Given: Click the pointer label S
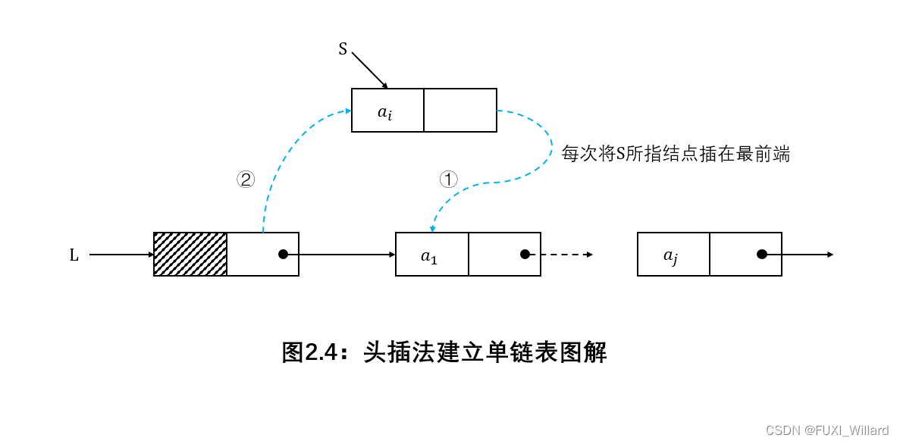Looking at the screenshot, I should (343, 49).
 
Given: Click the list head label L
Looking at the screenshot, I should (74, 255).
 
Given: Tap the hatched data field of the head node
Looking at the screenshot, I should (190, 254).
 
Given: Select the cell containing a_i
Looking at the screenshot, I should (387, 111).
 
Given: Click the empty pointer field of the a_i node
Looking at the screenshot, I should (460, 111).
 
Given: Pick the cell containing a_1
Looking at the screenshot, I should (431, 255).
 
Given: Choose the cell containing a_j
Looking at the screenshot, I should (673, 255).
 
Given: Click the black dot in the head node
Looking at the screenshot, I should (283, 254).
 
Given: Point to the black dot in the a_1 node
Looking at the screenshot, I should (525, 254).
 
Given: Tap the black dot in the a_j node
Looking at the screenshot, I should (762, 254).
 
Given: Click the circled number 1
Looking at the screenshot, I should (449, 180).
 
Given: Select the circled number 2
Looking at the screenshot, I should (245, 180).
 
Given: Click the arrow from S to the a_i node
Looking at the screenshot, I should (370, 70).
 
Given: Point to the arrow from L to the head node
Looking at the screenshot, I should (121, 255).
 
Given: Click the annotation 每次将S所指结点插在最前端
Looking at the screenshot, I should (676, 155).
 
